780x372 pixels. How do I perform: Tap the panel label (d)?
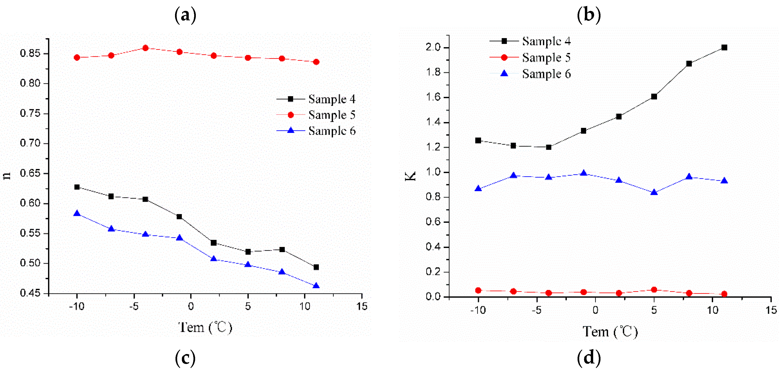point(589,358)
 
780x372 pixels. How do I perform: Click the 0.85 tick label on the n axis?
point(30,54)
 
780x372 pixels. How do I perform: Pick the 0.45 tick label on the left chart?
point(30,293)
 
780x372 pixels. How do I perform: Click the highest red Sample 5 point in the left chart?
point(145,48)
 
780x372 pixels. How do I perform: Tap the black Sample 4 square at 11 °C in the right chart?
point(724,48)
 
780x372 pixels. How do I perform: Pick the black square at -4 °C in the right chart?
point(549,147)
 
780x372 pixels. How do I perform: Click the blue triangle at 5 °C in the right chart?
point(654,193)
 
